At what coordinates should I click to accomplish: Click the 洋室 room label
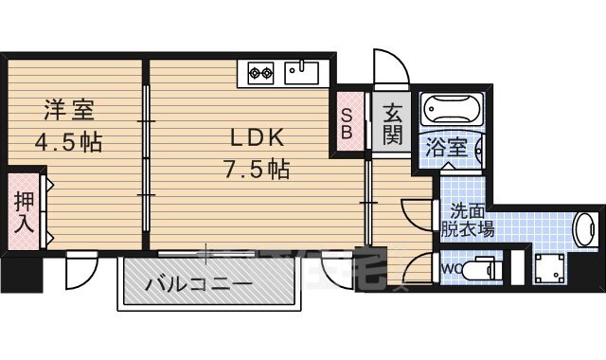68,110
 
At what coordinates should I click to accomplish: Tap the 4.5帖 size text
68,143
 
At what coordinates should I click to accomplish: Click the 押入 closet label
24,212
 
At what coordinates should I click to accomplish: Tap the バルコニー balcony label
198,285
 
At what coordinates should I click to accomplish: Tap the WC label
451,269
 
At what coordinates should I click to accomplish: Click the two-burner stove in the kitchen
261,70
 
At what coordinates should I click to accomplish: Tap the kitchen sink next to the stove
302,70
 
